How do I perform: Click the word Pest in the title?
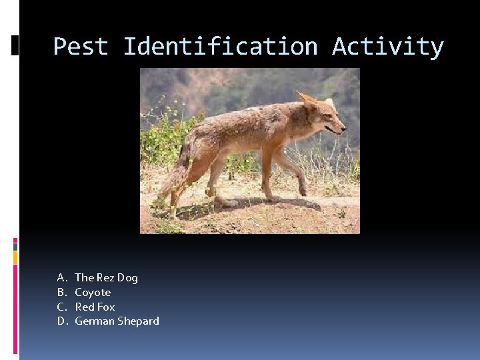[x=81, y=47]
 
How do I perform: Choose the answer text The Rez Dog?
[x=106, y=277]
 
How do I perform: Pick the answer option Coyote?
[x=93, y=292]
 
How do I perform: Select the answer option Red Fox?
[x=95, y=307]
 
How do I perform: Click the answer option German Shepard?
[x=117, y=321]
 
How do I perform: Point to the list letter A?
[x=61, y=277]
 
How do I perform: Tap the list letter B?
[x=61, y=292]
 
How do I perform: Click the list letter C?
[x=61, y=307]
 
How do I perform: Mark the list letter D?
[x=61, y=321]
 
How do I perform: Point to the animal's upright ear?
[x=307, y=101]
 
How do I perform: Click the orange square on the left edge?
[x=15, y=257]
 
